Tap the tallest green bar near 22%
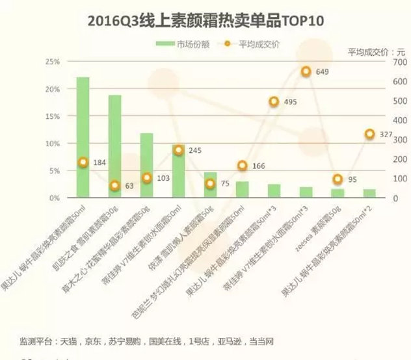[x=83, y=136]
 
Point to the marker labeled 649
[x=306, y=72]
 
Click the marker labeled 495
[x=274, y=101]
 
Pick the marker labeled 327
[x=369, y=134]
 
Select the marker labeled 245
[x=178, y=150]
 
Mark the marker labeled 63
[x=114, y=185]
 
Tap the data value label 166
[x=259, y=166]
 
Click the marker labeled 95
[x=338, y=179]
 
